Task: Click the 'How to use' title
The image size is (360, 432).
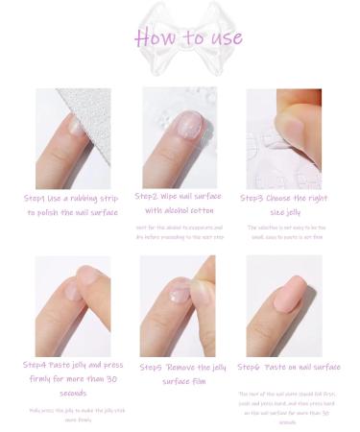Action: point(188,38)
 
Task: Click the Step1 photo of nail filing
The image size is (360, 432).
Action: point(73,139)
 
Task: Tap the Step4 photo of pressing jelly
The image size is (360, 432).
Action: point(73,305)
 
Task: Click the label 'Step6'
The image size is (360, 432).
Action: point(253,368)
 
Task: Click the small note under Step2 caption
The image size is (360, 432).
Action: point(180,231)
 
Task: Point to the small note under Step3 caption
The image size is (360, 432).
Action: point(284,231)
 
